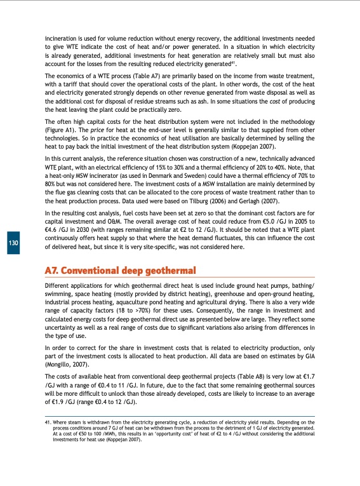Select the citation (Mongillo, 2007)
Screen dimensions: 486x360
click(x=68, y=365)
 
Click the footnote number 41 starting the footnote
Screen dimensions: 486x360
click(x=47, y=421)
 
